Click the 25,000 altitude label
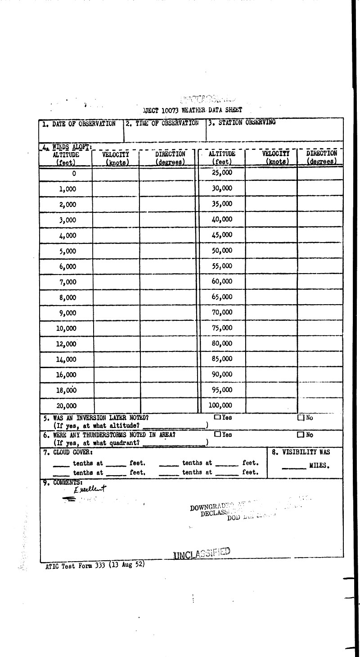[222, 172]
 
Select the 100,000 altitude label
[220, 405]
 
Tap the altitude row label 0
[74, 174]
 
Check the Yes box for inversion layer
[217, 417]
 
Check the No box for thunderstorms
[301, 435]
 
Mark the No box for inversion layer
[301, 418]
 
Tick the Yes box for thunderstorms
[217, 434]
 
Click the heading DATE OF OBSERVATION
[79, 124]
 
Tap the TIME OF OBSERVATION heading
[162, 123]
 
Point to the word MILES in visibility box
[319, 466]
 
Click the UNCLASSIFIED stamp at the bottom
[202, 553]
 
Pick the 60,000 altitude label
[222, 282]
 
